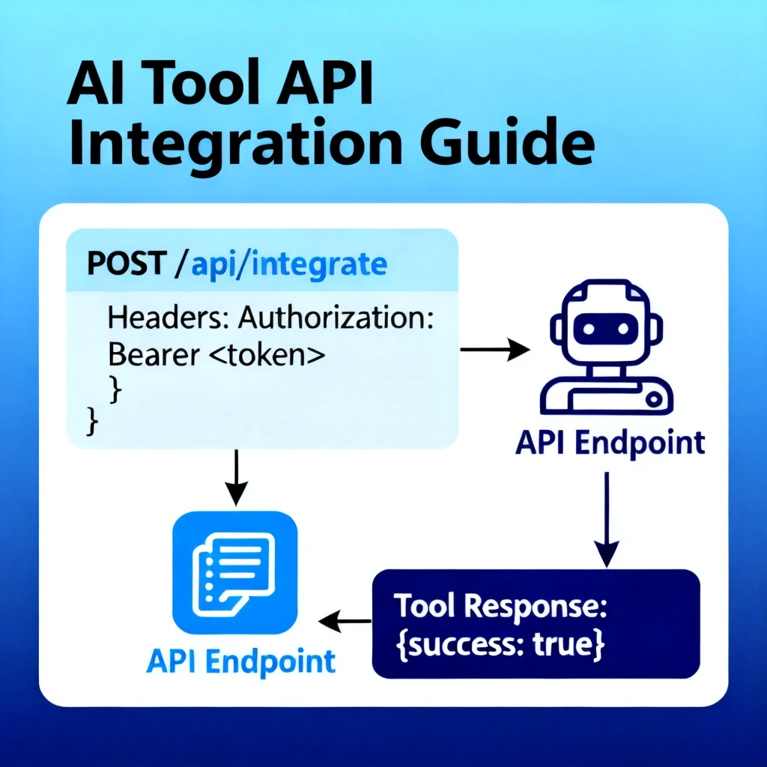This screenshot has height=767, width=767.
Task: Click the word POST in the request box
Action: (127, 264)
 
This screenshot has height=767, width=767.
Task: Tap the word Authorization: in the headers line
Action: (336, 318)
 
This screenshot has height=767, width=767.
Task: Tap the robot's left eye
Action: (589, 329)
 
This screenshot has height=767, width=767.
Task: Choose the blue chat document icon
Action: (234, 573)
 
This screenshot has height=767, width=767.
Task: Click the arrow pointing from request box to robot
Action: (495, 349)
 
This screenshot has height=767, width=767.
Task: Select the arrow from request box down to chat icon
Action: (236, 477)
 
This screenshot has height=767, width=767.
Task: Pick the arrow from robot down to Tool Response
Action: (607, 520)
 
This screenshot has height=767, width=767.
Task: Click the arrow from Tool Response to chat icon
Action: (345, 621)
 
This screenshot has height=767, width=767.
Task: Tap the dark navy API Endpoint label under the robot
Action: (610, 443)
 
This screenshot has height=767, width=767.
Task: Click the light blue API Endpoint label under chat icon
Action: (241, 662)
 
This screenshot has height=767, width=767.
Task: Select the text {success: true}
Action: (500, 645)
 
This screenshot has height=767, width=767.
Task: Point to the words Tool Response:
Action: (500, 607)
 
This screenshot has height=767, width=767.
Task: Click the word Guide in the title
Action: (508, 142)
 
